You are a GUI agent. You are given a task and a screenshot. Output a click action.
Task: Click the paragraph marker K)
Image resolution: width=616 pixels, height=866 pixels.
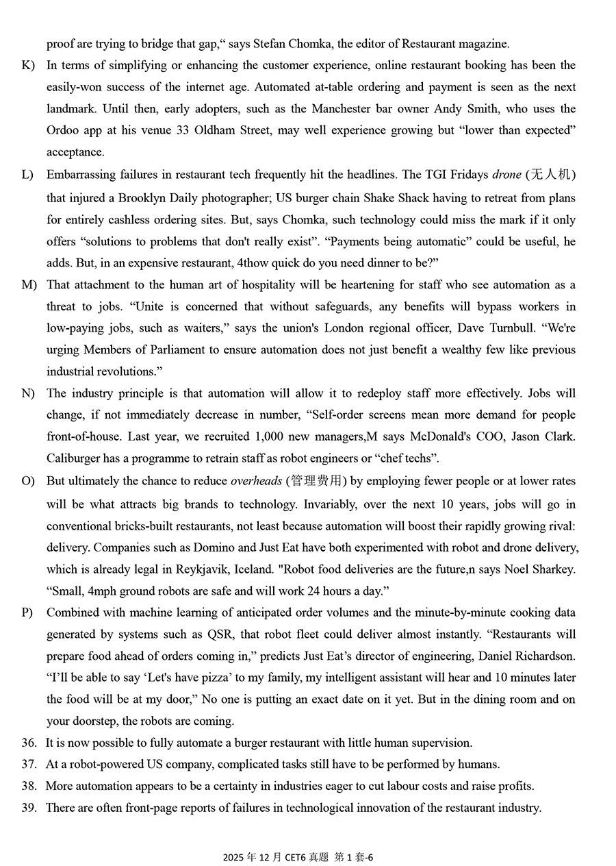click(27, 66)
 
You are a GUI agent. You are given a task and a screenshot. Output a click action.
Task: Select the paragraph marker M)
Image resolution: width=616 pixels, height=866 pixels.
click(29, 285)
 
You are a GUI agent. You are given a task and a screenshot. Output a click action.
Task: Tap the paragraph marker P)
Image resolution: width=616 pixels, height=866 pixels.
click(27, 613)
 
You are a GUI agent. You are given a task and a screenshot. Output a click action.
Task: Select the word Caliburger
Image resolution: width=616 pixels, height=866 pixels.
click(74, 458)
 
